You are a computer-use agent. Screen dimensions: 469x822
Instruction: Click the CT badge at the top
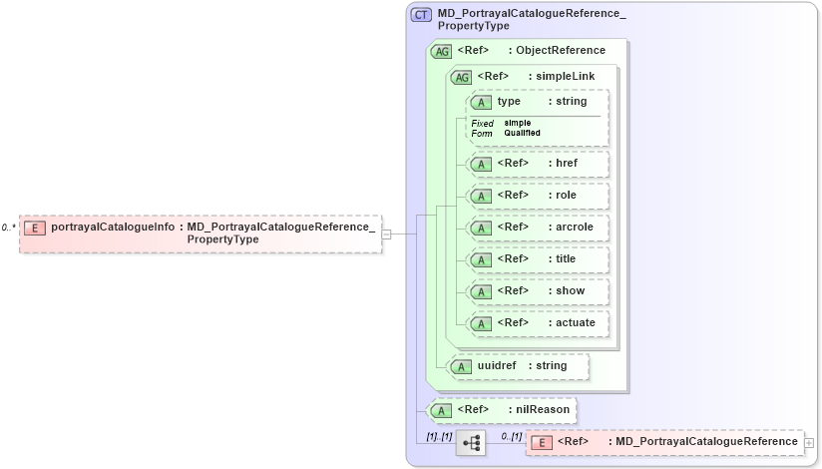pos(422,14)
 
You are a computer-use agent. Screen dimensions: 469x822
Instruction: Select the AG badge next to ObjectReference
pos(440,51)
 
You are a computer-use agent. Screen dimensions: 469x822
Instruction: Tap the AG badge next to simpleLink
pos(462,77)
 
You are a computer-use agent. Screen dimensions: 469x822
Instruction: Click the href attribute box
pos(538,164)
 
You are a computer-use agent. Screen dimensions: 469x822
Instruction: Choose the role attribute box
pos(538,196)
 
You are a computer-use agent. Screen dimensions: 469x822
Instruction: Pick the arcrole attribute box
pos(538,228)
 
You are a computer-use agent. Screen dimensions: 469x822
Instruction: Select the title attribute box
pos(538,259)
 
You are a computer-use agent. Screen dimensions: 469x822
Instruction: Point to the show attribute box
pos(538,291)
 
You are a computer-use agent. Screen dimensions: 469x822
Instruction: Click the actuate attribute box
pos(538,323)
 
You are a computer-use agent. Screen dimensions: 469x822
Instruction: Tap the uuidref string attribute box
pos(519,366)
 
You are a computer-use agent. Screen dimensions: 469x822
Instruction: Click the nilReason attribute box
pos(501,409)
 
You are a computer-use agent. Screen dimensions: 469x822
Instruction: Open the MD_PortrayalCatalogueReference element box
pos(664,442)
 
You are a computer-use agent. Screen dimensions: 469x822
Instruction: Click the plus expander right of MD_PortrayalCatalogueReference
pos(809,442)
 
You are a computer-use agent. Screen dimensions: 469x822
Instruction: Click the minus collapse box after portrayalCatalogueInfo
pos(386,234)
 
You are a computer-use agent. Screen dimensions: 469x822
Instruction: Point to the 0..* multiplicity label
pos(8,228)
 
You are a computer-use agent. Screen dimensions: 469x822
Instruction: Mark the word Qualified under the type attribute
pos(522,133)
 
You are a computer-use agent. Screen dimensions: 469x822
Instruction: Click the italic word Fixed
pos(483,123)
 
